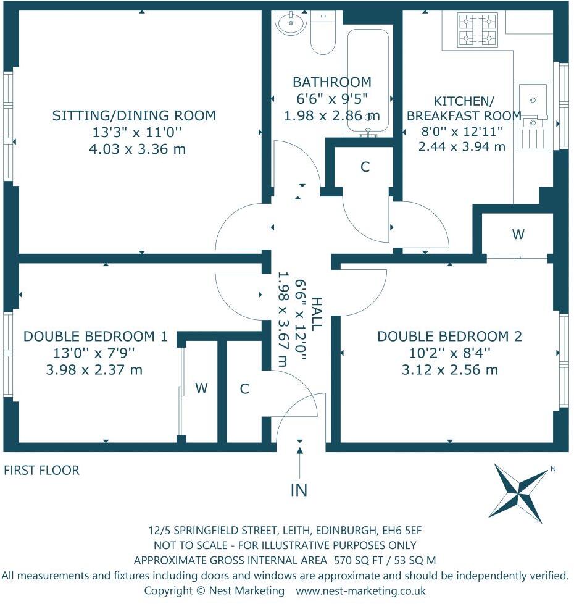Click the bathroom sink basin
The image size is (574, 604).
point(291,22)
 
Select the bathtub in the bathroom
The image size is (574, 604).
point(368,81)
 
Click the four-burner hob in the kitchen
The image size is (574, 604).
point(477,30)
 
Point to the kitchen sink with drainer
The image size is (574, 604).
point(533,116)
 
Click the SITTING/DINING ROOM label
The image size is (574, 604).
point(134,115)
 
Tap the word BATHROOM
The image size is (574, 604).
point(332,82)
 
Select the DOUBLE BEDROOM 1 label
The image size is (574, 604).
point(96,337)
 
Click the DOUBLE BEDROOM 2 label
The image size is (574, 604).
point(449,337)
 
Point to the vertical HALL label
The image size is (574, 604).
point(317,314)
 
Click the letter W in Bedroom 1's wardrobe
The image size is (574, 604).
point(201,388)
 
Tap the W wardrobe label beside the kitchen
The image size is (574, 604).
point(518,234)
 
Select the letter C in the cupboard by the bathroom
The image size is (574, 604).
point(365,167)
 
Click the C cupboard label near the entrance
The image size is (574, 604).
point(244,388)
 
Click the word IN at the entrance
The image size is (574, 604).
point(299,490)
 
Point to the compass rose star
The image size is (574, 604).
point(518,492)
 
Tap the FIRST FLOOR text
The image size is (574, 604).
point(41,471)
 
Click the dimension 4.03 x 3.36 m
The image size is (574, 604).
point(138,149)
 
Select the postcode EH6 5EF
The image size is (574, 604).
point(402,531)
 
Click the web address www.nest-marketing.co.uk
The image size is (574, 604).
point(360,590)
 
